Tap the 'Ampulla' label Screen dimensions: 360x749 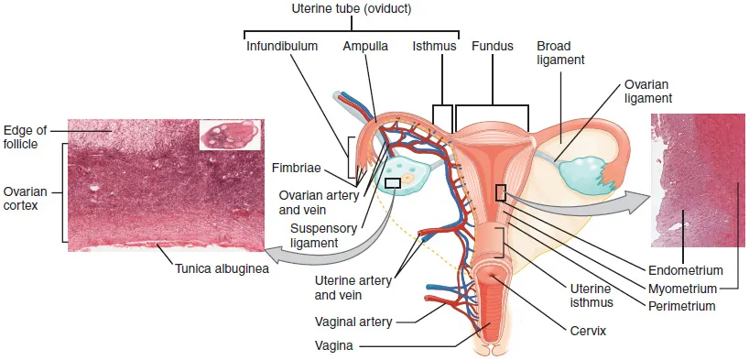pos(364,45)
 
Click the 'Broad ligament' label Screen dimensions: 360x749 pos(560,52)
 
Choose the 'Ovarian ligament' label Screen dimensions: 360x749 pos(649,90)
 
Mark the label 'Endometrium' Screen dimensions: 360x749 pos(686,271)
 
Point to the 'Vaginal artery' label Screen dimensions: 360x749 pos(354,322)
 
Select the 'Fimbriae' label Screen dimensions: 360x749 pos(295,168)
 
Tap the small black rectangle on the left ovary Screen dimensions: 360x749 pos(393,183)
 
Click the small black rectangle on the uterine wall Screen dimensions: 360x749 pos(501,192)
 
